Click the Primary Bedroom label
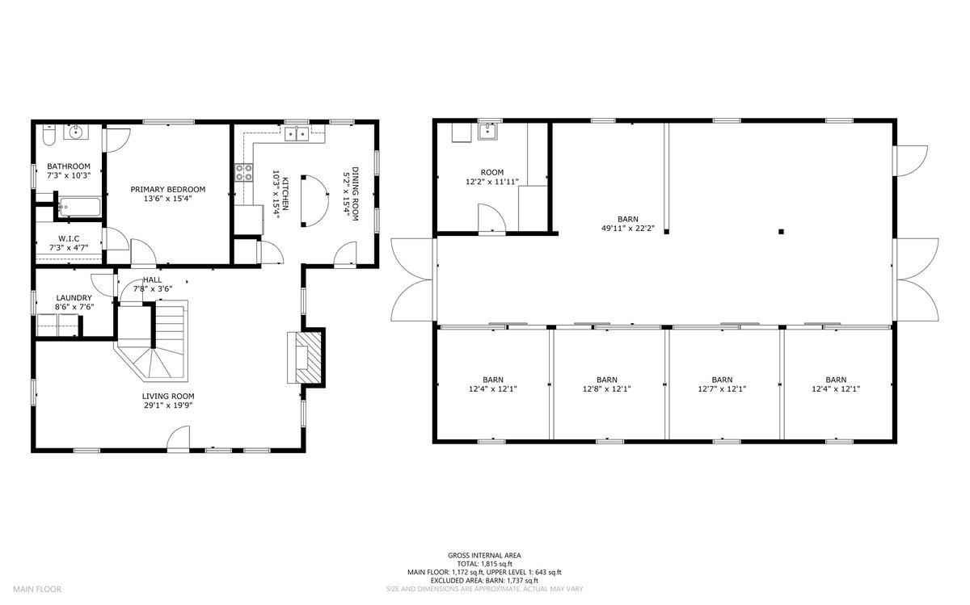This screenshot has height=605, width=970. tap(168, 189)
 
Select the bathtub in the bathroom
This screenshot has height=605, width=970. tap(78, 208)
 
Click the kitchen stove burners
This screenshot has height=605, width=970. tap(243, 172)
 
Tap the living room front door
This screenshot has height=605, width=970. tap(178, 439)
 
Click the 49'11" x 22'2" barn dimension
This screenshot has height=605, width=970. tap(626, 229)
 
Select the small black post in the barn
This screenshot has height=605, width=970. tap(781, 232)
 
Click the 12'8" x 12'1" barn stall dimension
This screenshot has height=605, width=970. tap(606, 389)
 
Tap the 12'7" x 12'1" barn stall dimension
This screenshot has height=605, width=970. tap(721, 389)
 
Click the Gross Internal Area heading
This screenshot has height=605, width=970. tap(484, 555)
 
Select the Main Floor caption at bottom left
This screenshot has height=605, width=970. tap(36, 589)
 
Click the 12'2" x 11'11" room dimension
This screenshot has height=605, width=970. tap(491, 183)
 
